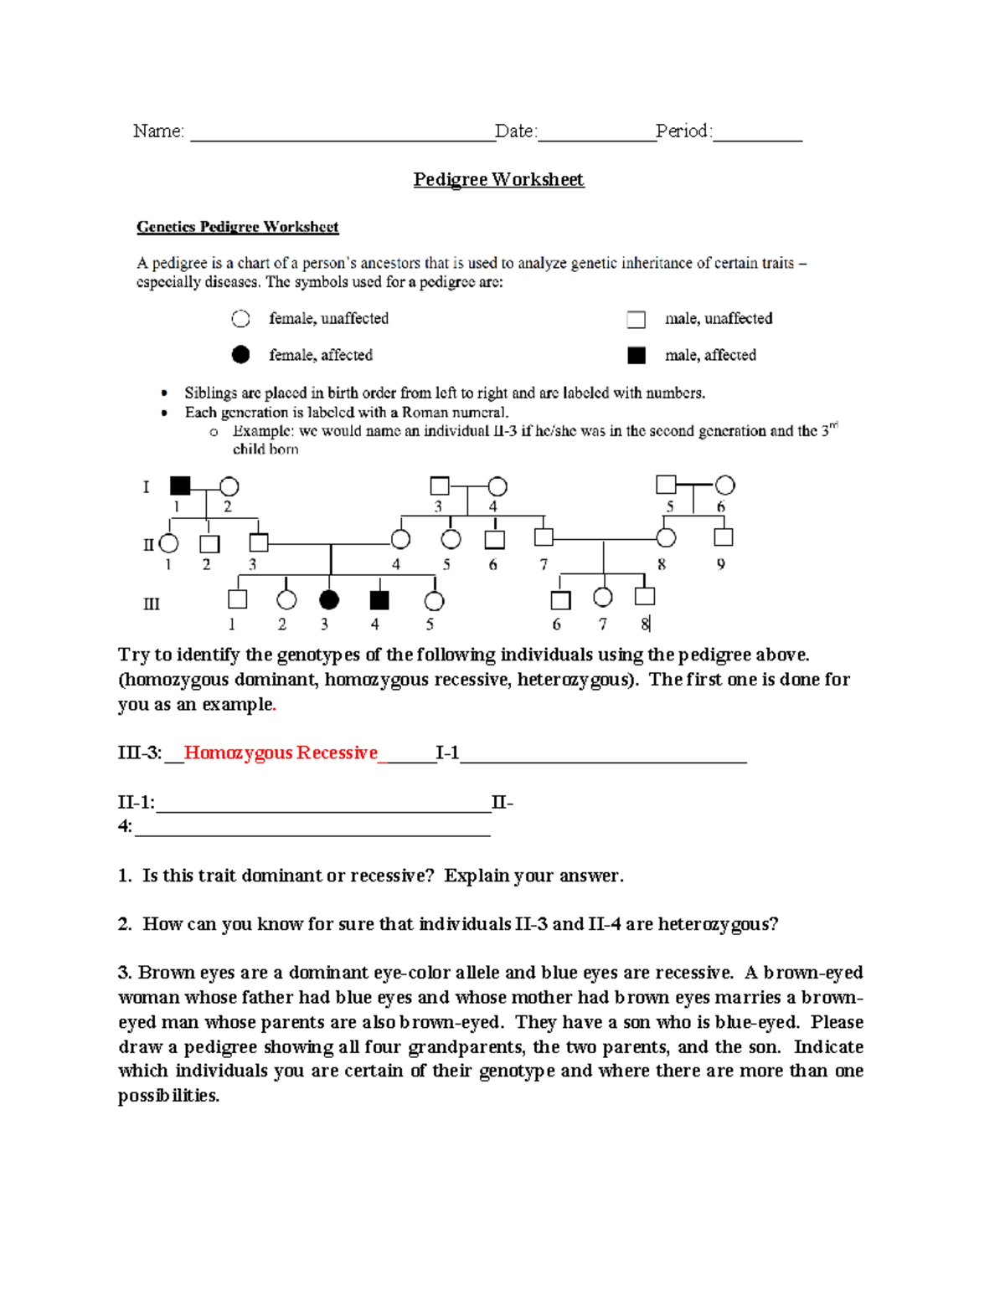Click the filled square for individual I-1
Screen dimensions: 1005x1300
[x=180, y=486]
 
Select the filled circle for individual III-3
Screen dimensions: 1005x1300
[x=329, y=599]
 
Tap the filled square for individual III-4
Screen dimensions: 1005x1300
[x=379, y=599]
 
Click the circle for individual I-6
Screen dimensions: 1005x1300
[x=725, y=486]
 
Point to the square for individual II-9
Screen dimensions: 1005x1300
[x=724, y=537]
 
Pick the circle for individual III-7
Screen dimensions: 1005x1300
[x=602, y=597]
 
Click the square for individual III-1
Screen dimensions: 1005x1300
[x=238, y=599]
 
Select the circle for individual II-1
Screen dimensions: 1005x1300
[x=169, y=543]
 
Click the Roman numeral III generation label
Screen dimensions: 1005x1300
[x=152, y=604]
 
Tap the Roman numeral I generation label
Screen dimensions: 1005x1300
[x=147, y=487]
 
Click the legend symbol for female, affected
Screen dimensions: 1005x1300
[x=240, y=355]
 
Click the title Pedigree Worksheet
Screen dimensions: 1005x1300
[x=498, y=180]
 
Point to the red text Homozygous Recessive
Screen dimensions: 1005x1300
[x=281, y=753]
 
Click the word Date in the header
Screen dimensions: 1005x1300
[x=514, y=131]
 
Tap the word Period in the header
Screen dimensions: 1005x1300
[x=682, y=131]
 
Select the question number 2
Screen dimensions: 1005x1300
[x=125, y=924]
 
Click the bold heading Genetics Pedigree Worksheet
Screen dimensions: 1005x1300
[x=238, y=227]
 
